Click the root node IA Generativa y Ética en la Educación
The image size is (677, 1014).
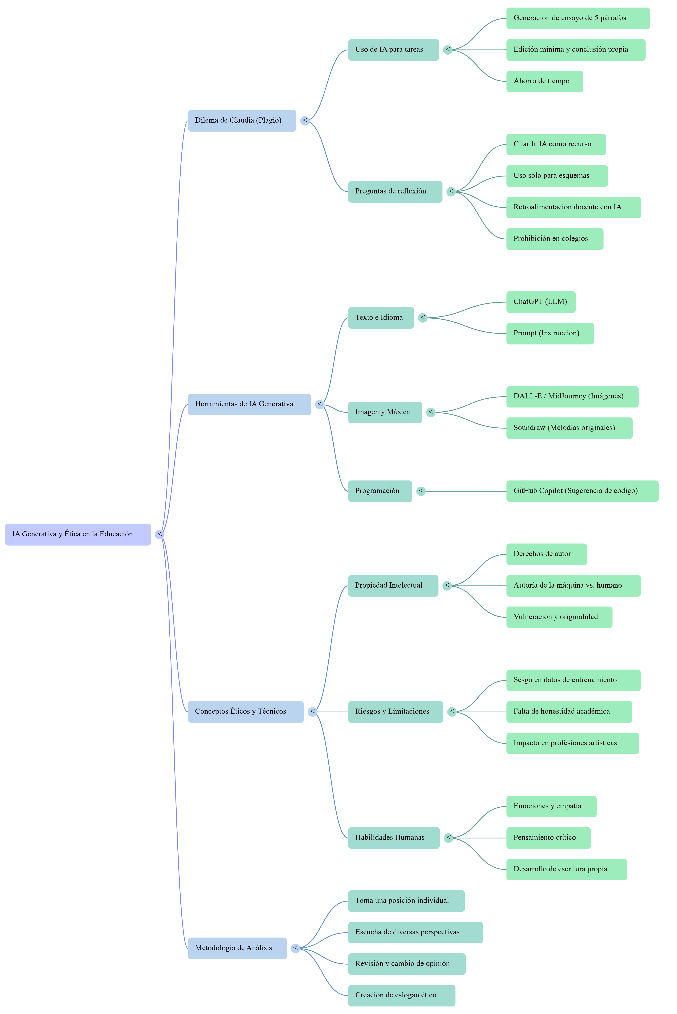[x=78, y=534]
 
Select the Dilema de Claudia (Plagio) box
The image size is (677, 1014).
[x=242, y=120]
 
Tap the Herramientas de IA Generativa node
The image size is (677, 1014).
[x=249, y=404]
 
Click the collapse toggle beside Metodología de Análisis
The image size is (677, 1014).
[x=295, y=948]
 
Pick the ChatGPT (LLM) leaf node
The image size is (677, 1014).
[x=541, y=302]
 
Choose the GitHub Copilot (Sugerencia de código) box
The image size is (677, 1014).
[x=582, y=491]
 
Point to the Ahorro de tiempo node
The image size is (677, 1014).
[x=544, y=81]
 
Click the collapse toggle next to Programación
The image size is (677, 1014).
[x=421, y=491]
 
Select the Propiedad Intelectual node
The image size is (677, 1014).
[x=393, y=586]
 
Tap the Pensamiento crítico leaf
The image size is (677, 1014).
[x=548, y=838]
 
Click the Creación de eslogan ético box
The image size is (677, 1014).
[x=402, y=995]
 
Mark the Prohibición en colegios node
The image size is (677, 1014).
[x=554, y=239]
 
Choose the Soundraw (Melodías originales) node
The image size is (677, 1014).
[x=569, y=428]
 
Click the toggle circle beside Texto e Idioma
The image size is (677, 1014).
[x=423, y=318]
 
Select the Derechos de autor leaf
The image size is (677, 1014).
[x=546, y=554]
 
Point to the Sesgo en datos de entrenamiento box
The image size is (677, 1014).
[x=573, y=680]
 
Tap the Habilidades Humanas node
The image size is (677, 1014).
[x=394, y=838]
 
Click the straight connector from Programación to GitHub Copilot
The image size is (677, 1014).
[x=466, y=491]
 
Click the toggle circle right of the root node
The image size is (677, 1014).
[x=160, y=534]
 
